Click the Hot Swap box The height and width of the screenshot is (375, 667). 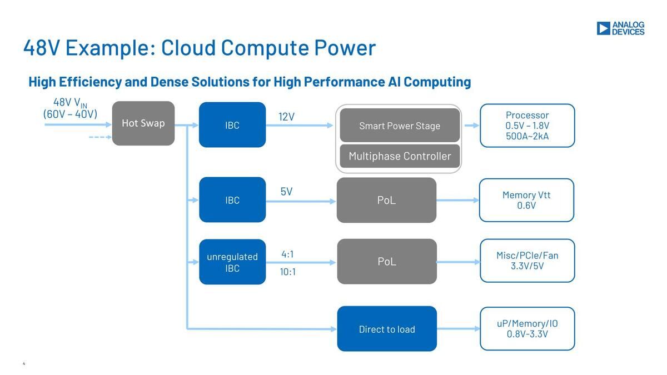point(143,123)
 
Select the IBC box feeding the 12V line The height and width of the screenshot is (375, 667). point(232,124)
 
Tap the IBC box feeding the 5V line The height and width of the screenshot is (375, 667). point(232,199)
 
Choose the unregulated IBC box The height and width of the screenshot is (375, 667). point(232,262)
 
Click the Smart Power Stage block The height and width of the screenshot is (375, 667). point(400,126)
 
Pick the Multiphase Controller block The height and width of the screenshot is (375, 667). point(400,156)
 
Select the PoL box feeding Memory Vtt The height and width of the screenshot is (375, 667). point(386,200)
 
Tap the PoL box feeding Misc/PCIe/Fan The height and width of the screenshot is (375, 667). point(387,261)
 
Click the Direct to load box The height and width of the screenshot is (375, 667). point(387,329)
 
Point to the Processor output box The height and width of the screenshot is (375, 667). point(527,126)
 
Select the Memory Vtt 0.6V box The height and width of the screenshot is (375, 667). point(526,200)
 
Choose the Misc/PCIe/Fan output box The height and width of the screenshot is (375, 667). point(527,261)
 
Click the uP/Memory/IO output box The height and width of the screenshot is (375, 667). point(527,329)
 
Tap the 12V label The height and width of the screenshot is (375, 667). point(286,117)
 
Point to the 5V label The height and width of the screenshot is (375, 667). point(286,191)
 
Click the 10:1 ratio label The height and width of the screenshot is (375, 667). point(288,272)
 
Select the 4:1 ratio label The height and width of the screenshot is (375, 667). point(288,254)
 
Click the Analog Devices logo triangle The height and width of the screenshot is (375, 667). point(603,28)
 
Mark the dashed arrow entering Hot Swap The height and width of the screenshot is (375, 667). point(101,137)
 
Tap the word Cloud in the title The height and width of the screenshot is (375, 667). point(188,48)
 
